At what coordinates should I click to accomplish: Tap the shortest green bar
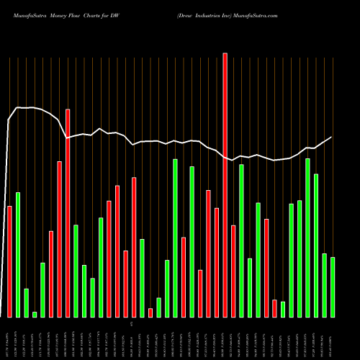coord(35,314)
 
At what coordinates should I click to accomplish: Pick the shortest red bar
coord(150,312)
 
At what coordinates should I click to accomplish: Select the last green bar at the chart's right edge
coord(333,287)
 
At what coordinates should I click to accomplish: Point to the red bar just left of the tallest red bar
coord(217,262)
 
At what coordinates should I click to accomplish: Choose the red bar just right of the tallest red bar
coord(233,271)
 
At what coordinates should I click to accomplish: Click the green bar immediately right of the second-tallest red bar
coord(76,271)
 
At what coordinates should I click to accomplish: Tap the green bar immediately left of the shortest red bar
coord(142,278)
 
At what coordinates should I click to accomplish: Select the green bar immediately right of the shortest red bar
coord(158,307)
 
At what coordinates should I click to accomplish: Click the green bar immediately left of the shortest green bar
coord(26,303)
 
